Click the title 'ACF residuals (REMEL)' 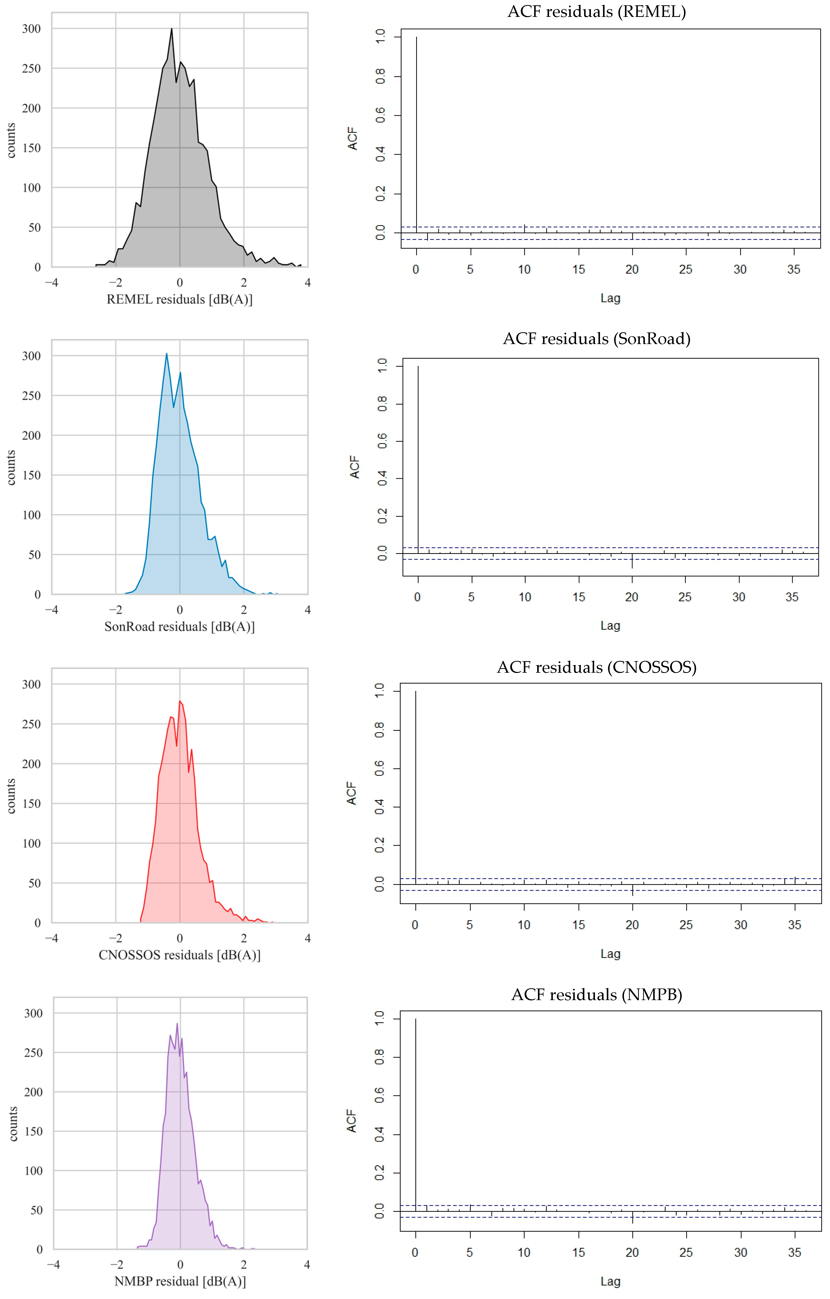point(596,12)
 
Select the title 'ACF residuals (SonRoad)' point(596,339)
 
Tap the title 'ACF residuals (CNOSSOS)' point(596,667)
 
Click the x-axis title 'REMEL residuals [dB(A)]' point(180,299)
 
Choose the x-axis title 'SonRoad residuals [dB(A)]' point(180,627)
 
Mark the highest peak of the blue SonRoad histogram point(167,354)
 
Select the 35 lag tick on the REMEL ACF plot point(793,270)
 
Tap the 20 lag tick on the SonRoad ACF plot point(632,597)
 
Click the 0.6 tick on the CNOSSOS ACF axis point(380,768)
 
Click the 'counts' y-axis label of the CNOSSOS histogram point(11,796)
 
